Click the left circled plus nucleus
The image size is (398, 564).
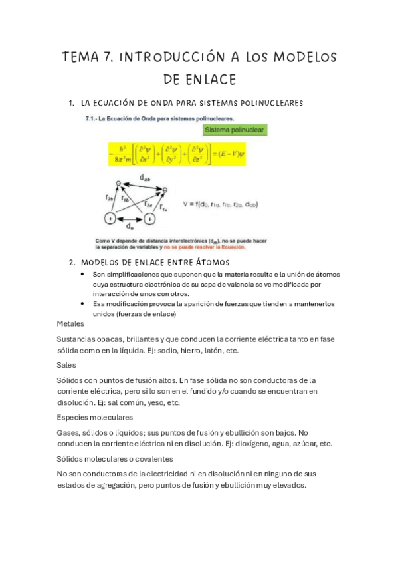pyautogui.click(x=109, y=218)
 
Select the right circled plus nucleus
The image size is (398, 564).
pyautogui.click(x=151, y=218)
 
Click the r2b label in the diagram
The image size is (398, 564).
pyautogui.click(x=110, y=198)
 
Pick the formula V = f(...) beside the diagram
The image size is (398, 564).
pyautogui.click(x=220, y=204)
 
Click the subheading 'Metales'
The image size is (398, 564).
pyautogui.click(x=70, y=323)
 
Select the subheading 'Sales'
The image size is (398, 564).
pyautogui.click(x=66, y=364)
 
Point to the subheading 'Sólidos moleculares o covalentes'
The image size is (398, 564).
pyautogui.click(x=115, y=458)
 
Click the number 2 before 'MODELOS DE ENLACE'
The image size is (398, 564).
pyautogui.click(x=71, y=262)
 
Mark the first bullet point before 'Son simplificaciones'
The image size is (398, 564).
pyautogui.click(x=82, y=274)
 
